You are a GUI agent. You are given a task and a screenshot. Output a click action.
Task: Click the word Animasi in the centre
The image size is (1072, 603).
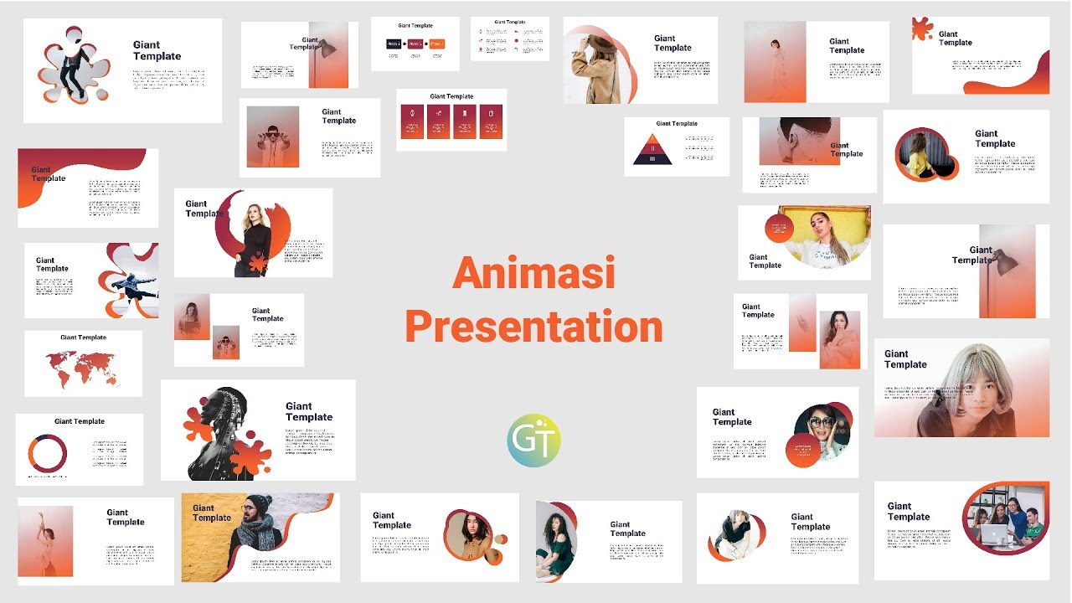533,275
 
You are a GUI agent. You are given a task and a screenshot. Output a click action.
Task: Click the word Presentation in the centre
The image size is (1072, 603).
533,327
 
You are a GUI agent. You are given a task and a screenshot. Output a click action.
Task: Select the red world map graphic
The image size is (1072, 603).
82,368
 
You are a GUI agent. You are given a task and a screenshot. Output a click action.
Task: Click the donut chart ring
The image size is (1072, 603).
48,453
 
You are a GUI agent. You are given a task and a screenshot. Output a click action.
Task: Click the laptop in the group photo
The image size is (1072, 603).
994,533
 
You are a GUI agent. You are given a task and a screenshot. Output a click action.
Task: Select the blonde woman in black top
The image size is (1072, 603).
252,234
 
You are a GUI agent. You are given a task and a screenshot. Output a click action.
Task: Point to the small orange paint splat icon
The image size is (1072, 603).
923,28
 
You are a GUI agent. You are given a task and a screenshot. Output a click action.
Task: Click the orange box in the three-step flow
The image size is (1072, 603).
436,44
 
